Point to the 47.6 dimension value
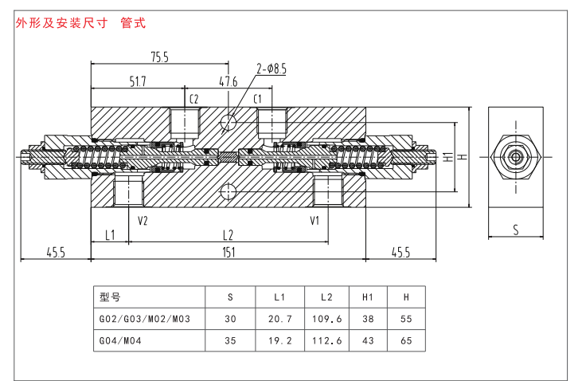click(229, 81)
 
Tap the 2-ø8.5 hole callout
click(272, 69)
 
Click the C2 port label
click(193, 99)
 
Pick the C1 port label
click(257, 99)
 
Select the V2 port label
click(143, 221)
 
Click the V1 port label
click(314, 221)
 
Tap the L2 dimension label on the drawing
click(228, 234)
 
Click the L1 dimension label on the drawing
click(111, 234)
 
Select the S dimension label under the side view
click(516, 230)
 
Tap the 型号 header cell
click(109, 297)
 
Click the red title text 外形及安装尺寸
click(61, 23)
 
